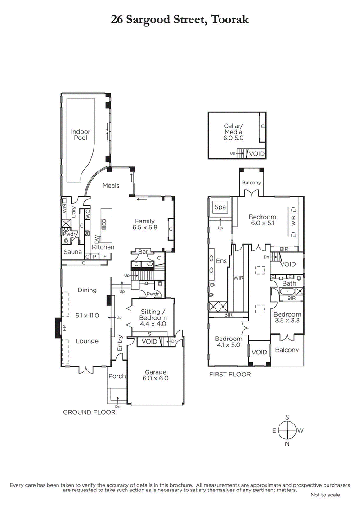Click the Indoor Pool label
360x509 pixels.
click(81, 135)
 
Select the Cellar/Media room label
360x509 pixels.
click(233, 132)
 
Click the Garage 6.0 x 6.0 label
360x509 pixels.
click(156, 375)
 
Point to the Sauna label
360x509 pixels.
click(72, 252)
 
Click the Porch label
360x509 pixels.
click(117, 376)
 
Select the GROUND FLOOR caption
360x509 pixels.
click(89, 412)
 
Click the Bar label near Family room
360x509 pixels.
click(144, 252)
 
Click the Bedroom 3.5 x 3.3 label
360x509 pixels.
click(288, 318)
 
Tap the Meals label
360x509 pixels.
click(111, 185)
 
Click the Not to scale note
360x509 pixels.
click(325, 495)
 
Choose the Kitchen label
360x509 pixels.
click(103, 247)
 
